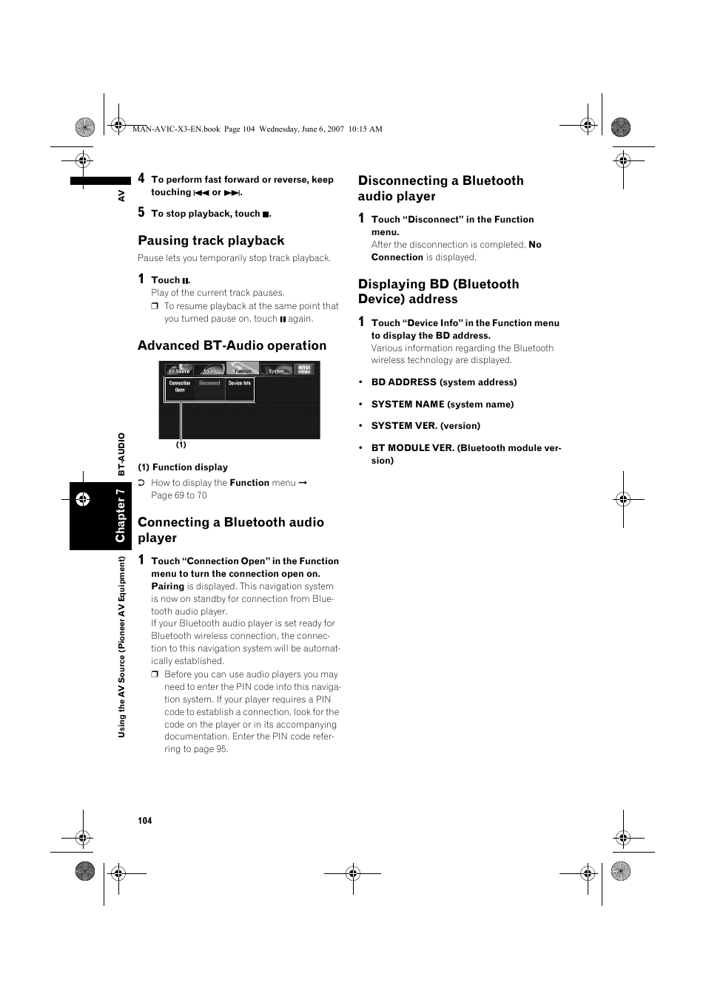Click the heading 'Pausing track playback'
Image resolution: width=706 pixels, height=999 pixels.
211,240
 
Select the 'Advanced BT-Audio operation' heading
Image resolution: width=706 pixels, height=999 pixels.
232,345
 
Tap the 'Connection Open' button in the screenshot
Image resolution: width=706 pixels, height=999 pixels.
180,386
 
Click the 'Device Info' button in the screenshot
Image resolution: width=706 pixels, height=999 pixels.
239,383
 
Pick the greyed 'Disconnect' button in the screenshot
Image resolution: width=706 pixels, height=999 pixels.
209,383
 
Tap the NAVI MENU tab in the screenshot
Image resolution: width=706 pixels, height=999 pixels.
304,369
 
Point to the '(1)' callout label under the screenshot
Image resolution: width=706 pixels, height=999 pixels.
181,445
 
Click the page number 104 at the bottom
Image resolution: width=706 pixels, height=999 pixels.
144,821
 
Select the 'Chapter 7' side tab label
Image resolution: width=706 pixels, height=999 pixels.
120,515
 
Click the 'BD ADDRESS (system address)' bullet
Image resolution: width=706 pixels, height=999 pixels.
443,382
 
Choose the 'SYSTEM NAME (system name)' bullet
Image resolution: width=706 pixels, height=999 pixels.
442,404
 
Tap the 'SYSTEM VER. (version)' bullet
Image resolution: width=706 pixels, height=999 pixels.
426,426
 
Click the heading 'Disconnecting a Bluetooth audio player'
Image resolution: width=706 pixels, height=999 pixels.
440,188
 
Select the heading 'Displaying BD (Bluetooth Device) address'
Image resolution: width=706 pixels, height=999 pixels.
438,291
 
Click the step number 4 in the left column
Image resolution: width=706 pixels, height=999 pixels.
141,178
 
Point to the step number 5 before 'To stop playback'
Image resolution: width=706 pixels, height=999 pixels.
141,213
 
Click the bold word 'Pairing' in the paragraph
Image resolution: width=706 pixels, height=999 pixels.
167,586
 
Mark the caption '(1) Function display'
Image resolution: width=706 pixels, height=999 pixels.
183,467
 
